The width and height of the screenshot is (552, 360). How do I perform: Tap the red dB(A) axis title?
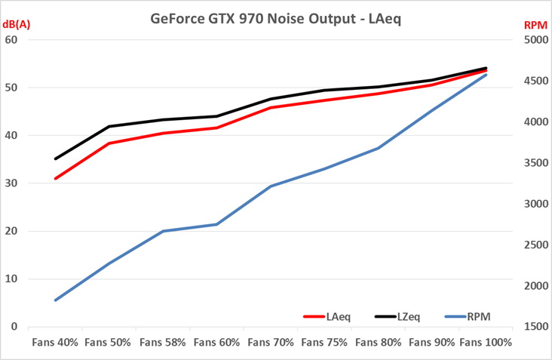(x=17, y=25)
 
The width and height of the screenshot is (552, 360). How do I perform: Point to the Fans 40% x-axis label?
(x=55, y=342)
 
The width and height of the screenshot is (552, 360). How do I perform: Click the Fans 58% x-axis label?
(x=163, y=342)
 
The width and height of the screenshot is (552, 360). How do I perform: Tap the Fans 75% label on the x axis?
(x=324, y=342)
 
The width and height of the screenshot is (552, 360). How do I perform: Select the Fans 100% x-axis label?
(x=486, y=342)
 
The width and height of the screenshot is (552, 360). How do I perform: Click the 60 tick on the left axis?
(x=11, y=39)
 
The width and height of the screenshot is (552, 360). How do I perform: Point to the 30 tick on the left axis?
(x=11, y=183)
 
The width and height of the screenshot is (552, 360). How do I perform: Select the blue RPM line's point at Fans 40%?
(x=55, y=300)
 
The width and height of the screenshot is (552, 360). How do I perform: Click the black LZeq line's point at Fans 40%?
(x=55, y=158)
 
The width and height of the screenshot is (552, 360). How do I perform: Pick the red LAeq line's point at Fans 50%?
(x=109, y=143)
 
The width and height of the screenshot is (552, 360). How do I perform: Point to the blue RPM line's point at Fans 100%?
(x=486, y=74)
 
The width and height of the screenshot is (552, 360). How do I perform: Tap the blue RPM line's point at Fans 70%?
(x=271, y=186)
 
